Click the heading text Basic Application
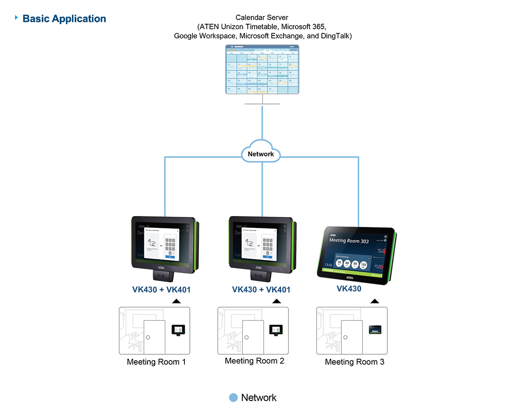[64, 19]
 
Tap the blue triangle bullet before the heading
[17, 18]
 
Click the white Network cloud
[261, 154]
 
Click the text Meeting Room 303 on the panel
[349, 241]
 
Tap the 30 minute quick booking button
[339, 264]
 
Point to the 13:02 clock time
[328, 264]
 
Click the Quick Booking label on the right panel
[342, 256]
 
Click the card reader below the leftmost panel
[162, 275]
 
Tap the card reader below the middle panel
[259, 275]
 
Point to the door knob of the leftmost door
[148, 337]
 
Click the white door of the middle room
[253, 337]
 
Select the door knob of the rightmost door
[345, 337]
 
